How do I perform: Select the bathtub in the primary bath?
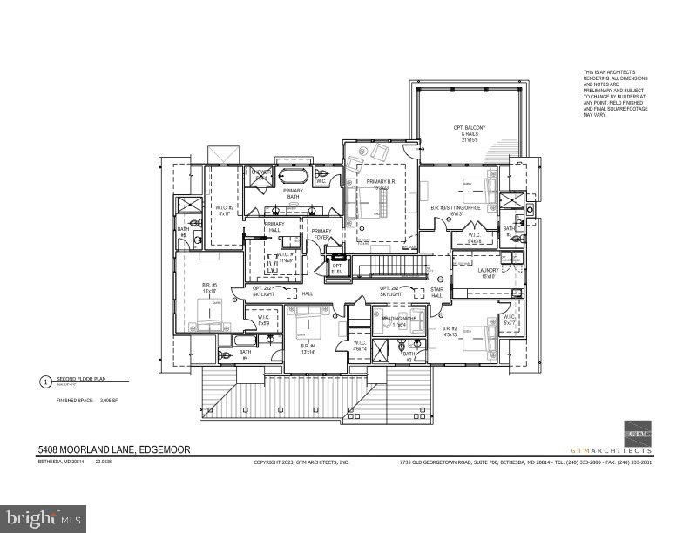click(x=292, y=176)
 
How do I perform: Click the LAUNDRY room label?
click(x=487, y=273)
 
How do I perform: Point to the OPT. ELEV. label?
click(x=337, y=268)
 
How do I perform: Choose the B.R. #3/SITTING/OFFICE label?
click(x=456, y=209)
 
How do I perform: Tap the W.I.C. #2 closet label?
click(x=225, y=209)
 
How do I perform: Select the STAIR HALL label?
click(x=437, y=292)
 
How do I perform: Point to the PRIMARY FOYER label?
click(x=321, y=234)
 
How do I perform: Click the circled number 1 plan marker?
click(x=45, y=381)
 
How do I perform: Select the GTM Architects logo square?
click(x=637, y=434)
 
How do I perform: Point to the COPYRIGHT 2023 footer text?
click(x=301, y=462)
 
